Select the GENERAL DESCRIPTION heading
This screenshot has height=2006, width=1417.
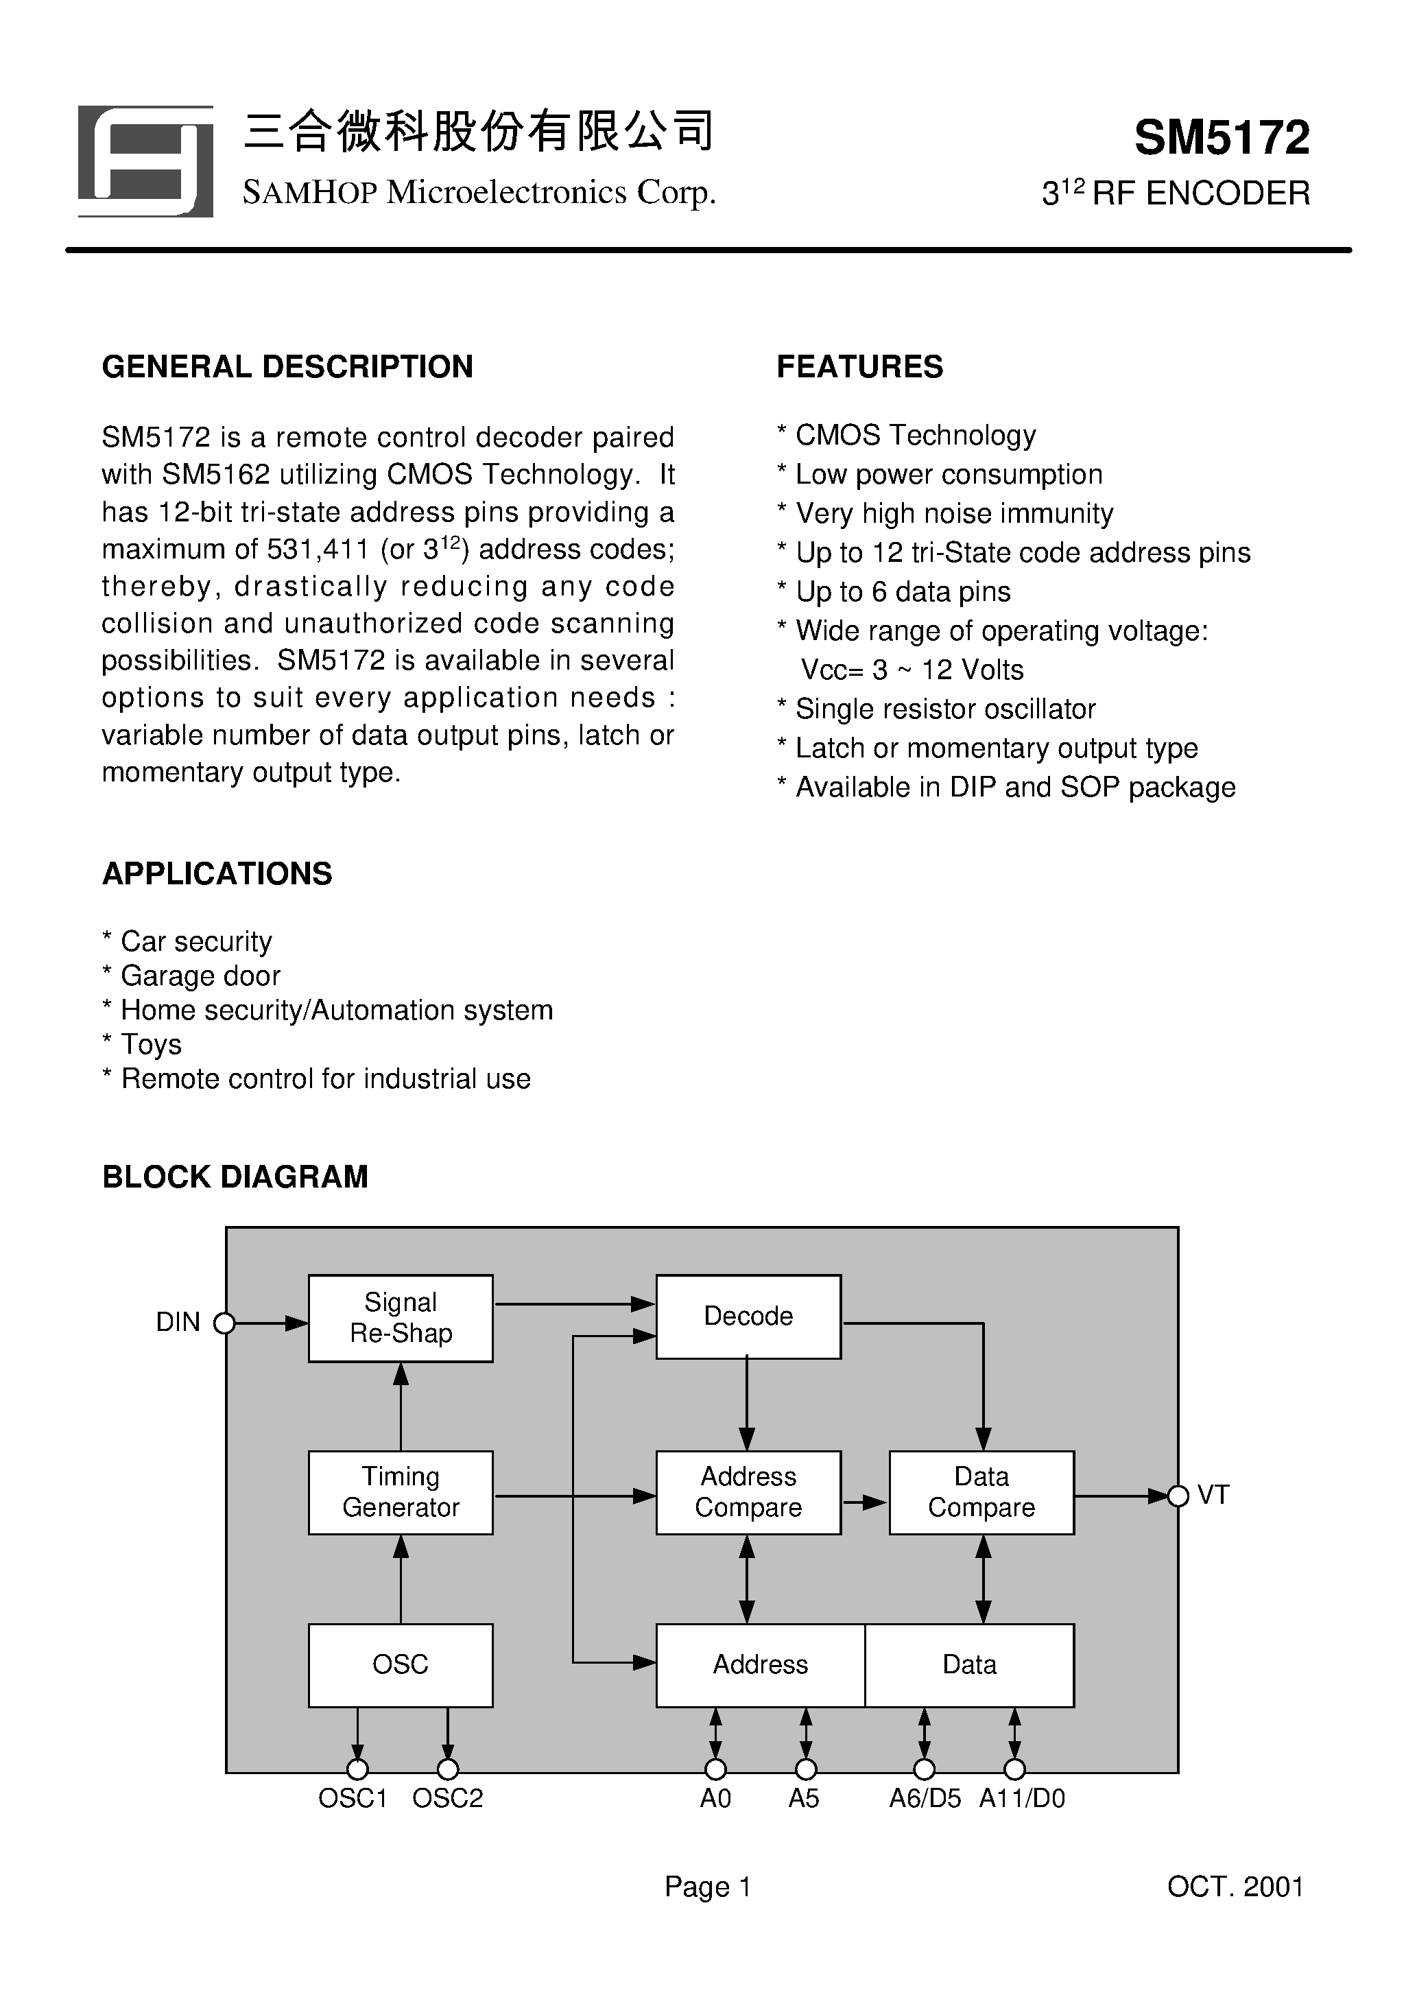[287, 367]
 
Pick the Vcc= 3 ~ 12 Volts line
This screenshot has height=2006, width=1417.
[912, 670]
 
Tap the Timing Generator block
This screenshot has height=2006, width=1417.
[400, 1492]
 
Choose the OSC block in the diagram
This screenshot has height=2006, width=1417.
[400, 1664]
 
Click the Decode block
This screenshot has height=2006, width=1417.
[748, 1317]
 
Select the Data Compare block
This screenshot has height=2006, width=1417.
[981, 1492]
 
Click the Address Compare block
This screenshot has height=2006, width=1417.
[748, 1492]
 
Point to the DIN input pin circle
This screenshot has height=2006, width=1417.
[224, 1323]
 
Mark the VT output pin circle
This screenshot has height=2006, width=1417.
[1178, 1496]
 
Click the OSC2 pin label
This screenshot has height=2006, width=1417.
[447, 1798]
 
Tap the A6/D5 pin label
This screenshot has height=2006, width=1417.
[925, 1798]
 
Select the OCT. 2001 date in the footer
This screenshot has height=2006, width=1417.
[1235, 1887]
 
